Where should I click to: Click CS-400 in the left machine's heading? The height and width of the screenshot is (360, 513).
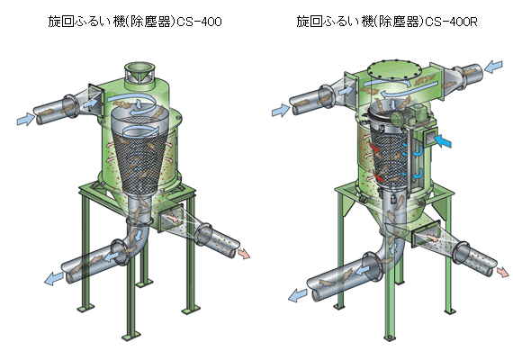pos(199,22)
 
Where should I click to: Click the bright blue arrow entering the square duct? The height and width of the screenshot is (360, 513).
pos(442,140)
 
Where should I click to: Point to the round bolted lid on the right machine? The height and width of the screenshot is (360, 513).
pos(388,69)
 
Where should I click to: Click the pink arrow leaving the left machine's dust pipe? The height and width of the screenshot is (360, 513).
pos(243,254)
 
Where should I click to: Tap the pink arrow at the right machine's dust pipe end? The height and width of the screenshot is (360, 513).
pos(503,273)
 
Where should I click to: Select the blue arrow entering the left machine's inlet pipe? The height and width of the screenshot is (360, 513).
pos(25,119)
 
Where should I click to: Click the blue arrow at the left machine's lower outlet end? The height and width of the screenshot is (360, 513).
pos(54,279)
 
